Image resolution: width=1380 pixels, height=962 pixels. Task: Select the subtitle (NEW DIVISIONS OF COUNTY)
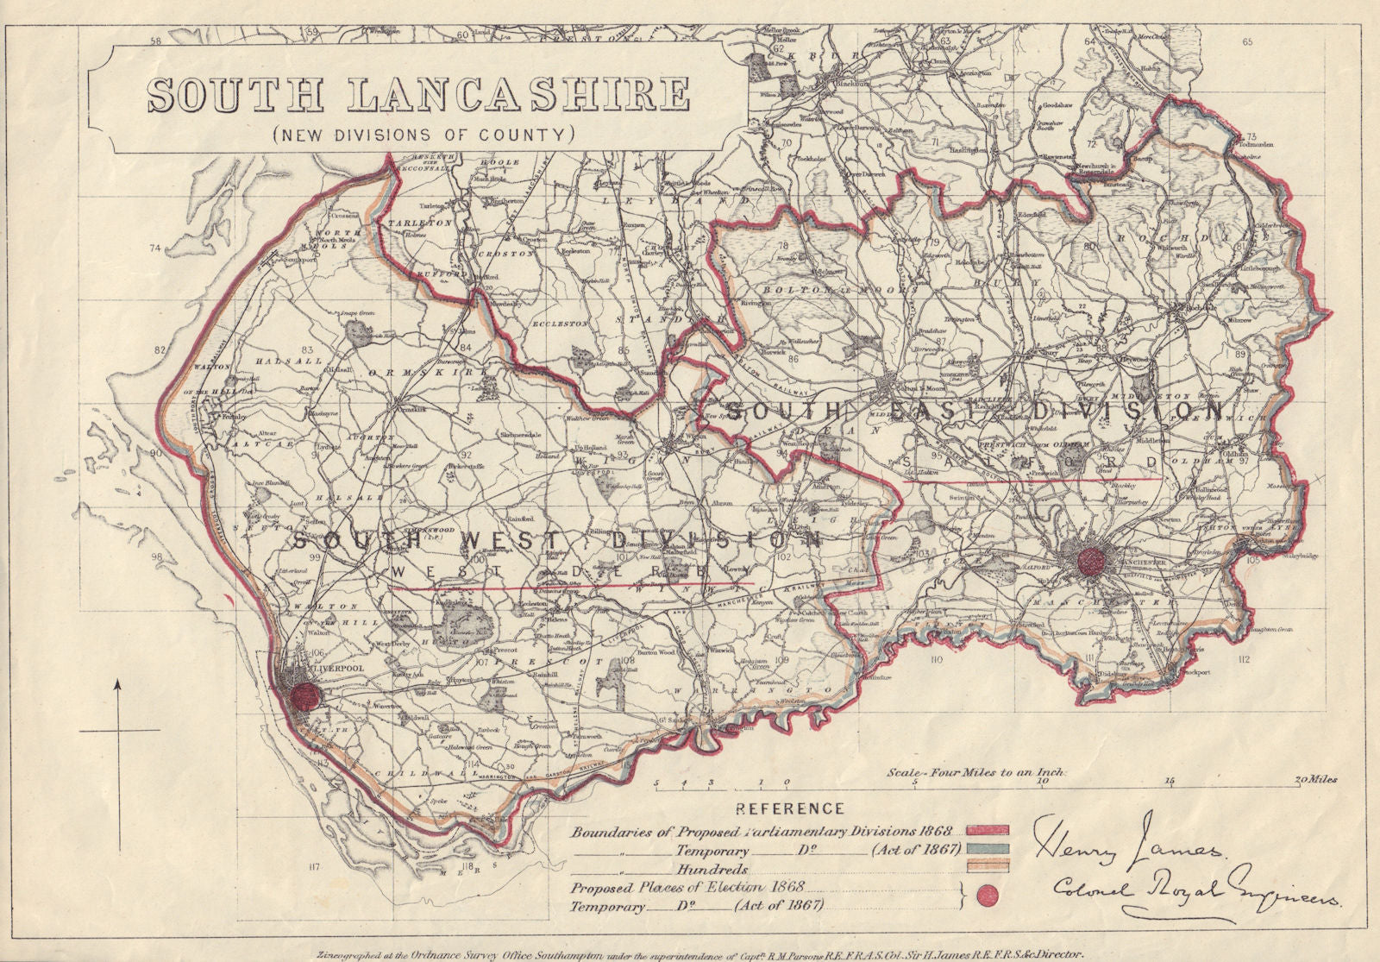tap(423, 135)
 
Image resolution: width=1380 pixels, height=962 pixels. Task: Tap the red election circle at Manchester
tap(1091, 561)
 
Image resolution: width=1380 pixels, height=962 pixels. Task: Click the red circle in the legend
tap(988, 896)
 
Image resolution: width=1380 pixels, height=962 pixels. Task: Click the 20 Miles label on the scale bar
tap(1314, 780)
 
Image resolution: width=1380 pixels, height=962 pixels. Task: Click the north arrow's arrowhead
tap(117, 686)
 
